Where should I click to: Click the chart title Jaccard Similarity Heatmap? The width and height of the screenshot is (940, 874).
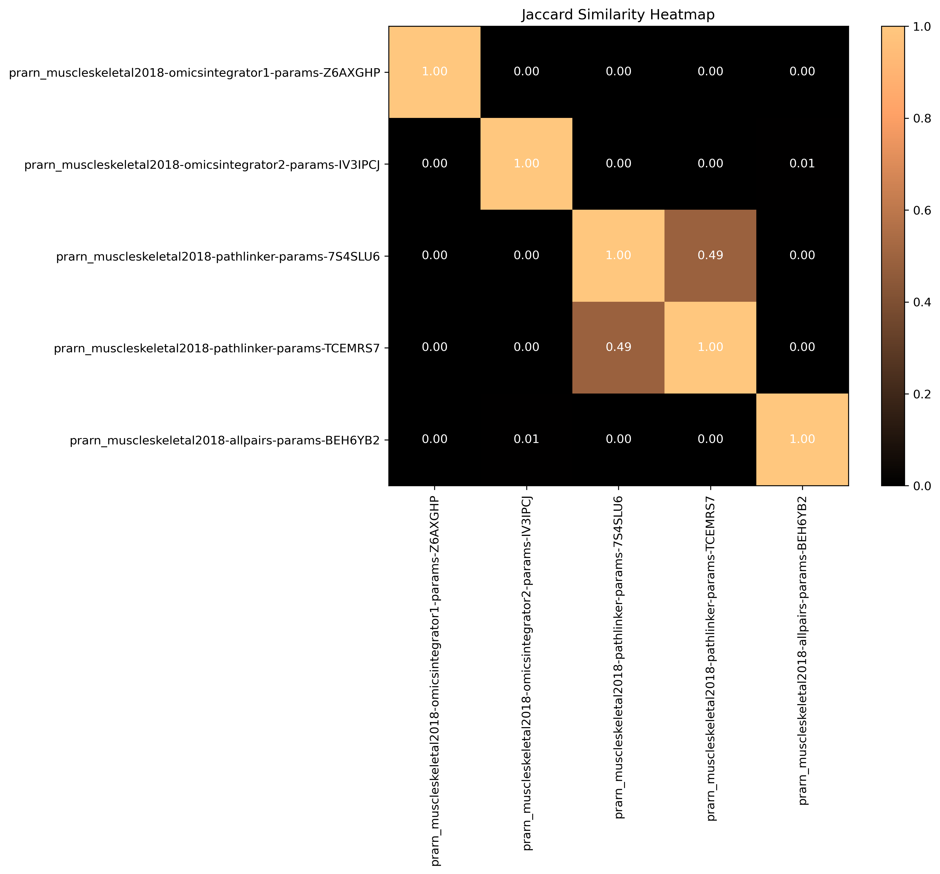click(x=618, y=15)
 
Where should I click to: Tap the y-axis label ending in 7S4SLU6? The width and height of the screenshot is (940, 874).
click(x=218, y=257)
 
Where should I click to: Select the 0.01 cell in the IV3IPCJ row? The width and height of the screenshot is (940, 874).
click(x=802, y=163)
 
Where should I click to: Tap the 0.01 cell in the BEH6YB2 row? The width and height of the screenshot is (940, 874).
click(x=526, y=439)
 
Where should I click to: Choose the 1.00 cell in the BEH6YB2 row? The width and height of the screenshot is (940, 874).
click(x=802, y=439)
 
